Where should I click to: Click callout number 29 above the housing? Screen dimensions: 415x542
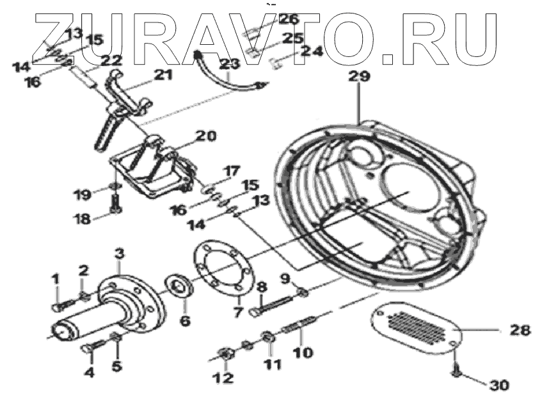pyautogui.click(x=359, y=77)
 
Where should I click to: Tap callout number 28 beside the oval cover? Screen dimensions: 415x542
pyautogui.click(x=520, y=330)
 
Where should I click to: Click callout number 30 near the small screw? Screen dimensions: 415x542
pyautogui.click(x=500, y=386)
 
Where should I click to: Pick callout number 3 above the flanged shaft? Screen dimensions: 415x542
pyautogui.click(x=118, y=254)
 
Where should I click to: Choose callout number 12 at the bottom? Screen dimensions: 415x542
pyautogui.click(x=223, y=378)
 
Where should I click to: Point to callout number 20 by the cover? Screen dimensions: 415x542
pyautogui.click(x=206, y=136)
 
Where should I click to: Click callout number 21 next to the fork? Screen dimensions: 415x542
pyautogui.click(x=163, y=75)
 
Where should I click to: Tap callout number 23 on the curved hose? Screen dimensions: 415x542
pyautogui.click(x=228, y=63)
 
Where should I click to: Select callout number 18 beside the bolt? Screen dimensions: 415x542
pyautogui.click(x=81, y=218)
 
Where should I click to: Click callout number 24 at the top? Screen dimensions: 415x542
pyautogui.click(x=312, y=51)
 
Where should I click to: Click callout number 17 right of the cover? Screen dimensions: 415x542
pyautogui.click(x=231, y=171)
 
